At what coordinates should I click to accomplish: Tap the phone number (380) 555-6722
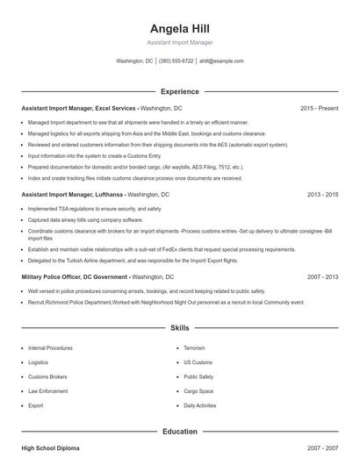(x=176, y=61)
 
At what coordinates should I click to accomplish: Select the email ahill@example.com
(x=221, y=61)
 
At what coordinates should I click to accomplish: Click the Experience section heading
(x=179, y=91)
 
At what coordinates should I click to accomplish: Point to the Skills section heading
(x=179, y=328)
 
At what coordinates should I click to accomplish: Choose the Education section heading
(x=179, y=432)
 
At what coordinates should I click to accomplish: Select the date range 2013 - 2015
(x=322, y=194)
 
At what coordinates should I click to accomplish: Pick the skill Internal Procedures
(x=50, y=348)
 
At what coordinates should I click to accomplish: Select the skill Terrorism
(x=194, y=348)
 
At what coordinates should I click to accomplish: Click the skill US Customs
(x=198, y=362)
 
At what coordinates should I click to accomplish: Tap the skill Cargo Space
(x=198, y=391)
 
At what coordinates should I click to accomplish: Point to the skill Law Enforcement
(x=47, y=391)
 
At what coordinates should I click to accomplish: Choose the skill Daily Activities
(x=201, y=406)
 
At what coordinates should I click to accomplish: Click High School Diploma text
(x=50, y=448)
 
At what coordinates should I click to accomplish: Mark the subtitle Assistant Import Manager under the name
(x=179, y=42)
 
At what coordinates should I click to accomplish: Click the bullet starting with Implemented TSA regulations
(x=95, y=209)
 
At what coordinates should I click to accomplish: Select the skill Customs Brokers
(x=48, y=377)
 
